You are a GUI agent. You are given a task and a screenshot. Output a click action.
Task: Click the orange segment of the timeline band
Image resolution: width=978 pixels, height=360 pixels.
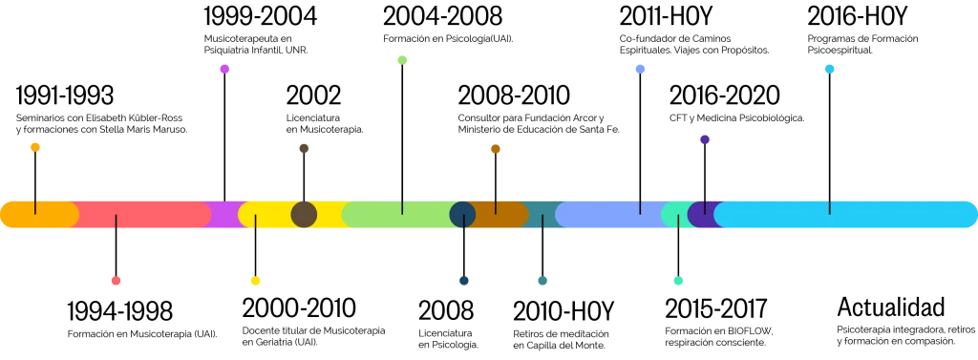38,214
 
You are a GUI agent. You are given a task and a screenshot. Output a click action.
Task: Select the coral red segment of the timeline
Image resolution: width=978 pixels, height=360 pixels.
143,214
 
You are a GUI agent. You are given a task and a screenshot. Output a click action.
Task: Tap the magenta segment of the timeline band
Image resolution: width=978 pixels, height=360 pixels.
225,214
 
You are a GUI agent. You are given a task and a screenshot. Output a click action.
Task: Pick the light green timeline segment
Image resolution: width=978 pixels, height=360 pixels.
401,214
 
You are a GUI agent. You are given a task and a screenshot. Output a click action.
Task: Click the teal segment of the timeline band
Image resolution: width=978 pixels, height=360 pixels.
542,214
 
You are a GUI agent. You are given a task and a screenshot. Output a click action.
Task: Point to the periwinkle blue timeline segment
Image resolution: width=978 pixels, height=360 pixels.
611,214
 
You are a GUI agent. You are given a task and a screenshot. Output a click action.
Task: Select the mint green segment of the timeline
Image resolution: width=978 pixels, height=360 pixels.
674,214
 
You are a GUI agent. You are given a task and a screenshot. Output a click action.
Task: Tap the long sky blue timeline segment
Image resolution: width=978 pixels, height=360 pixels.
845,214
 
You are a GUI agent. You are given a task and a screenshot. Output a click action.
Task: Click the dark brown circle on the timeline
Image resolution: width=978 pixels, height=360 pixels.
304,214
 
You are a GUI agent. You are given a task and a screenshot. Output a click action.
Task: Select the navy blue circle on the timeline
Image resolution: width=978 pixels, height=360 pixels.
462,214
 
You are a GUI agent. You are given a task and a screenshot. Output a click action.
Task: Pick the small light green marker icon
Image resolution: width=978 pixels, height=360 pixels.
404,61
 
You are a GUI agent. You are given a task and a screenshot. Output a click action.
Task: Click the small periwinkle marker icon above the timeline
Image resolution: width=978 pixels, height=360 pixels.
641,69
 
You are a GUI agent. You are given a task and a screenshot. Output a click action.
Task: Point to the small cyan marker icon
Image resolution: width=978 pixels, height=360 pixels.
831,69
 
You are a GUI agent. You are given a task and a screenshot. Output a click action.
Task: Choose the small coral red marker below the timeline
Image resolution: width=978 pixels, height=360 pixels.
115,282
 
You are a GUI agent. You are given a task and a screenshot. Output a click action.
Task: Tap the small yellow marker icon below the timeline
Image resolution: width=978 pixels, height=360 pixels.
253,282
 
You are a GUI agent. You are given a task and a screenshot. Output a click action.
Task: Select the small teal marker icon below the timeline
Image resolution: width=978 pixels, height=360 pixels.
542,282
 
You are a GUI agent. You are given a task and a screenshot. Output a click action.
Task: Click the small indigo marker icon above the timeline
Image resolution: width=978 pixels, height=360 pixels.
703,138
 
